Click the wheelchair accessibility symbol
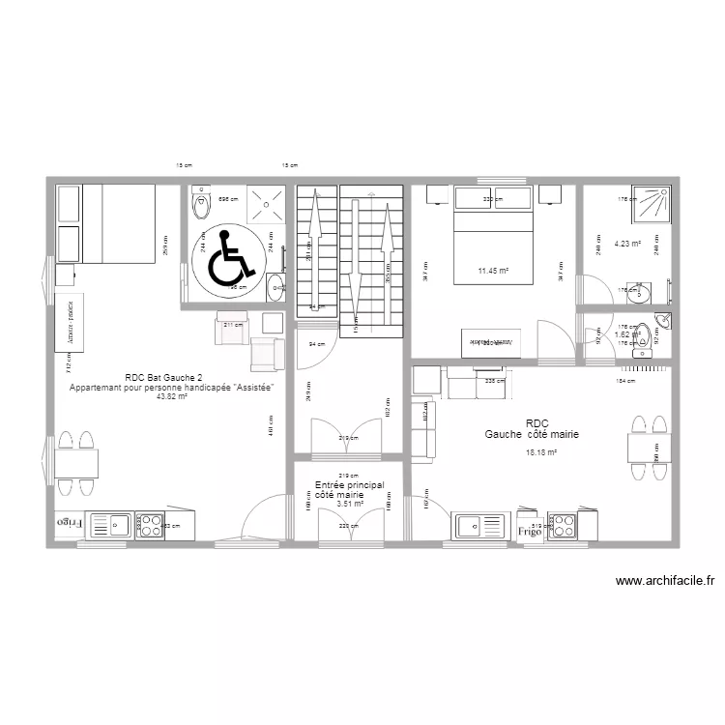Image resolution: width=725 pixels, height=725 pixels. pyautogui.click(x=228, y=259)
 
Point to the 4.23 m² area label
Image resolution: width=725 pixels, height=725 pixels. pyautogui.click(x=627, y=245)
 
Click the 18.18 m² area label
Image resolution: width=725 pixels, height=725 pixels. pyautogui.click(x=541, y=452)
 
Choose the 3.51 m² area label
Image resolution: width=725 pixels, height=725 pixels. pyautogui.click(x=349, y=504)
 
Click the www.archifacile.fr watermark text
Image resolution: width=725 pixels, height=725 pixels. pyautogui.click(x=664, y=581)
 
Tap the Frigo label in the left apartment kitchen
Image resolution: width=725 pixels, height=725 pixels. pyautogui.click(x=70, y=522)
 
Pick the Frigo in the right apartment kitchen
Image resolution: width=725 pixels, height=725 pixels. pyautogui.click(x=529, y=531)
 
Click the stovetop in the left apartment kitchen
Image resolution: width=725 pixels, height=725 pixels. pyautogui.click(x=152, y=524)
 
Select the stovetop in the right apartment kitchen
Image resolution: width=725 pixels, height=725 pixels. pyautogui.click(x=564, y=525)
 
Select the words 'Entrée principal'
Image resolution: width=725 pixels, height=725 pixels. pyautogui.click(x=349, y=484)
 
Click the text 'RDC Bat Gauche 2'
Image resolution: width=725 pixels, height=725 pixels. pyautogui.click(x=163, y=378)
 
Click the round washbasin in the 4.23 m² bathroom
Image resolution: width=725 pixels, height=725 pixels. pyautogui.click(x=642, y=291)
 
